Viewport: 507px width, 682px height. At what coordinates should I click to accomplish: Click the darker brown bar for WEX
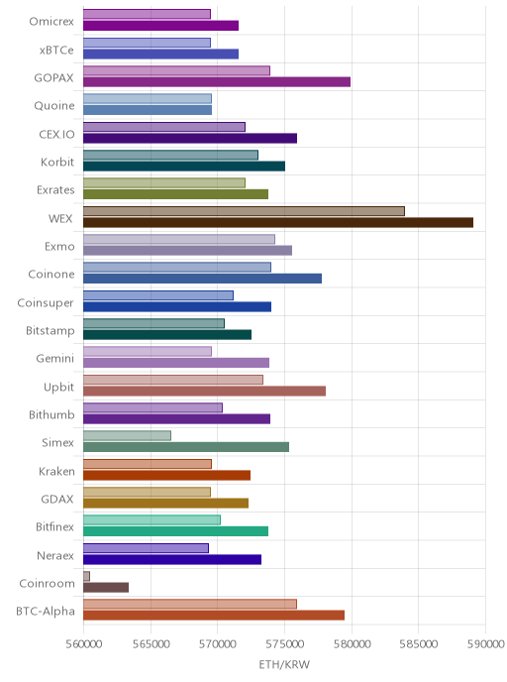tap(278, 223)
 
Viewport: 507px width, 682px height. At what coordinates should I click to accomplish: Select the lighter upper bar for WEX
tap(244, 211)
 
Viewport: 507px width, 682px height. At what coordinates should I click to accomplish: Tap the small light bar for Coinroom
tap(86, 576)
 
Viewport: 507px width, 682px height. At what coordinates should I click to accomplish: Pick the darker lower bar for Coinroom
tap(106, 588)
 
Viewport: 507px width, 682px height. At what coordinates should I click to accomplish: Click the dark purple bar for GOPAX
tap(217, 81)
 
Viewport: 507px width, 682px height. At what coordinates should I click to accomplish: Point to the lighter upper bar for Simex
tap(127, 436)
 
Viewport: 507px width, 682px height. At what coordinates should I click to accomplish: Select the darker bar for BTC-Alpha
tap(214, 616)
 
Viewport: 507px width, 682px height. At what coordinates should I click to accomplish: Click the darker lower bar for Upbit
tap(204, 391)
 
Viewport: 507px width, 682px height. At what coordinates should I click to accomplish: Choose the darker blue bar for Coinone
tap(202, 279)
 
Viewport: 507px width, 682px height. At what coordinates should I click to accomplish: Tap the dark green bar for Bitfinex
tap(175, 531)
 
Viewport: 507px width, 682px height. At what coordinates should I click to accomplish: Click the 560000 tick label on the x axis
tap(84, 643)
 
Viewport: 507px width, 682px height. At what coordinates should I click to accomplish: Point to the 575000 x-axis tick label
tap(284, 643)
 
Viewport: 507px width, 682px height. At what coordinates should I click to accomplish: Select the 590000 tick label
tap(486, 643)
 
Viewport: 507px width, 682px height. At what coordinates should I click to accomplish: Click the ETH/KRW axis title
tap(284, 664)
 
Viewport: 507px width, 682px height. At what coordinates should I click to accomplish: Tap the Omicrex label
tap(51, 22)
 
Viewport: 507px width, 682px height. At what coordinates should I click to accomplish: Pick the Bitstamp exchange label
tap(50, 331)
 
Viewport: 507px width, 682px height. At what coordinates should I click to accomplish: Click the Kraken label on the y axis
tap(56, 472)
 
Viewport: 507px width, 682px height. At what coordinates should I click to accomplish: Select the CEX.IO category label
tap(56, 135)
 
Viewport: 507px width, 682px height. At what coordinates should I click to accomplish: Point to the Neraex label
tap(55, 556)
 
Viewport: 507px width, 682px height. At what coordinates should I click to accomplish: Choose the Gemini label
tap(55, 359)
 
